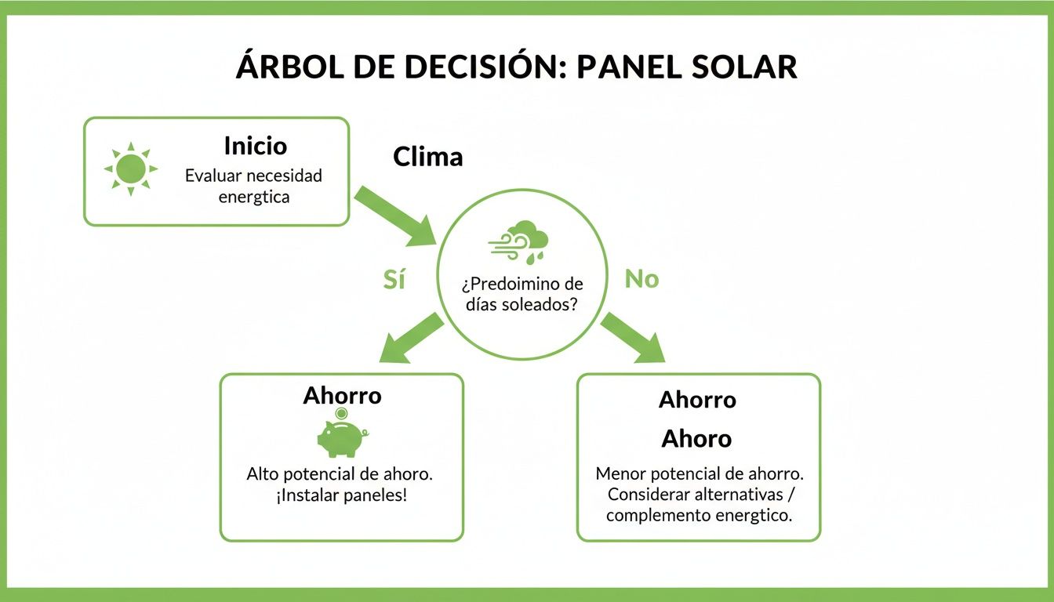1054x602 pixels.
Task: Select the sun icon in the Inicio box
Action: coord(130,169)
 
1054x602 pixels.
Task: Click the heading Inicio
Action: coord(255,146)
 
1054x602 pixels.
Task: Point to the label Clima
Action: coord(427,157)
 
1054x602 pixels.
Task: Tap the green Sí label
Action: coord(394,279)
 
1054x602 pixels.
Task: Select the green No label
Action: coord(641,279)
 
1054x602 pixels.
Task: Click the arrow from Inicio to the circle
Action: coord(395,216)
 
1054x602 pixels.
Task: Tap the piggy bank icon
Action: coord(341,437)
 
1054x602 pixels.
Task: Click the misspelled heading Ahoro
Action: coord(696,438)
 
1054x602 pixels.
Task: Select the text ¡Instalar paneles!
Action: coord(341,496)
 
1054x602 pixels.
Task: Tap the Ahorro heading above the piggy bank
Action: coord(342,395)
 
